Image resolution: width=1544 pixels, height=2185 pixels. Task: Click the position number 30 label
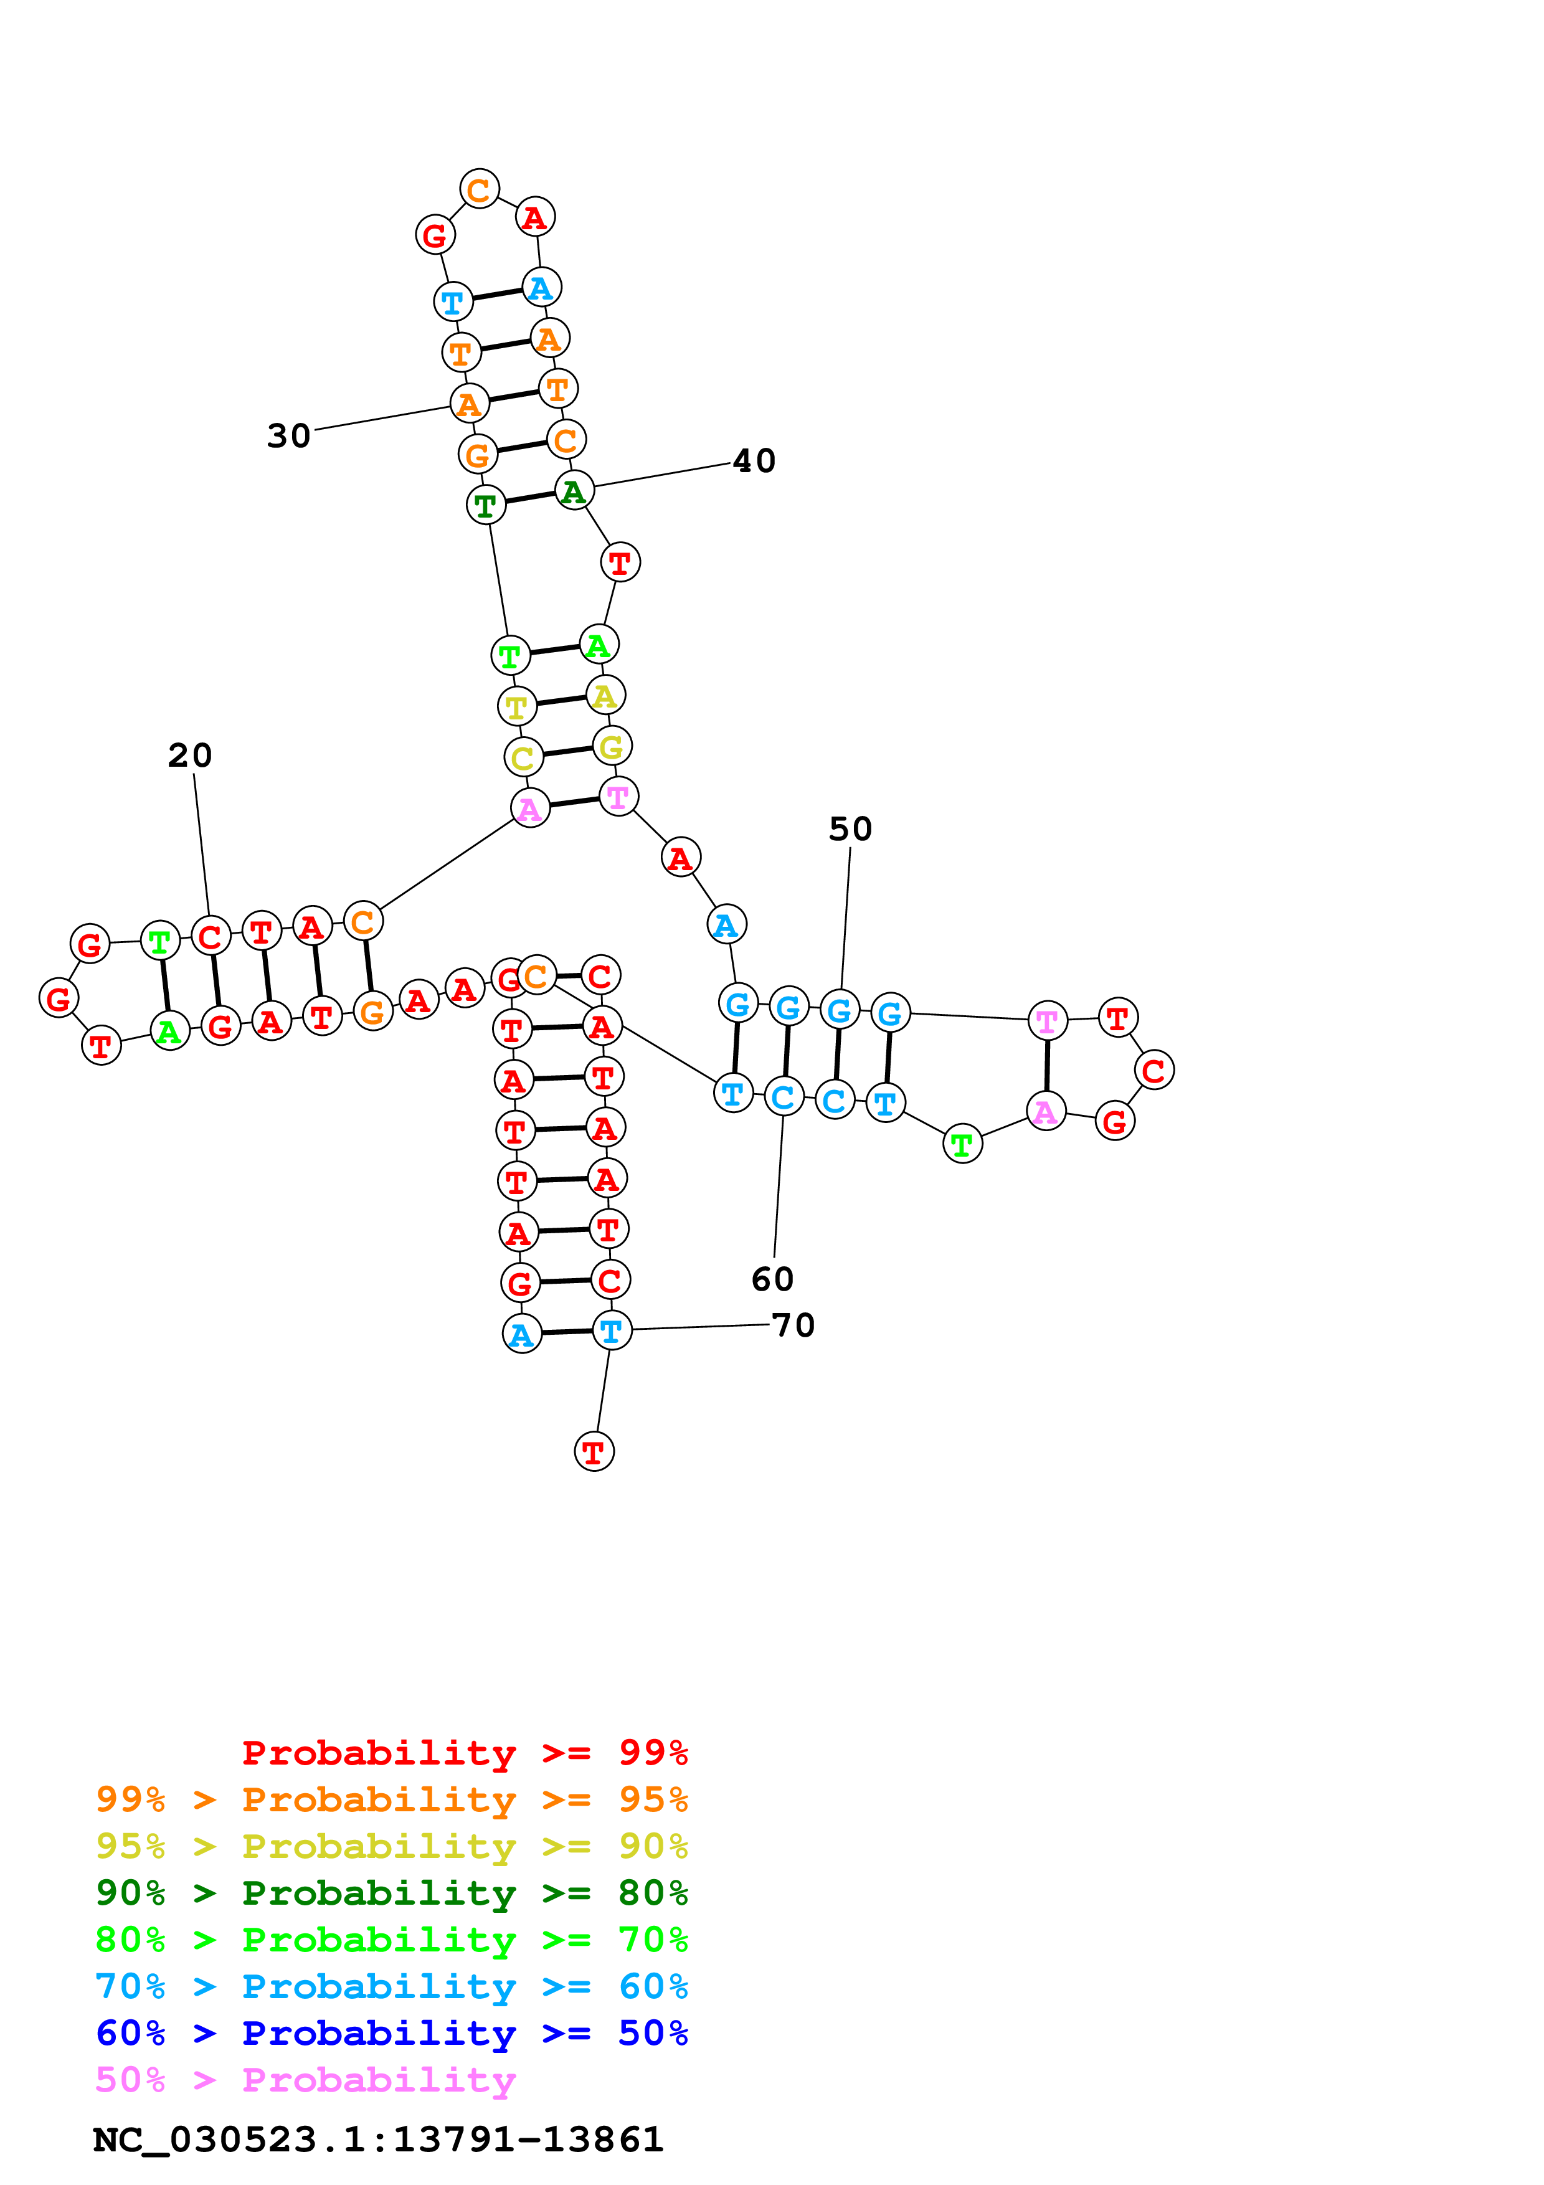(288, 436)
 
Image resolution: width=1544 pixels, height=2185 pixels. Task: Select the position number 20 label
(189, 756)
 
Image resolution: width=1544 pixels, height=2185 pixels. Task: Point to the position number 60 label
(772, 1279)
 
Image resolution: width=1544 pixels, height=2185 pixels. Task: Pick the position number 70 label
(793, 1325)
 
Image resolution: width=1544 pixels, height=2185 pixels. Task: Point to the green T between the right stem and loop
(962, 1144)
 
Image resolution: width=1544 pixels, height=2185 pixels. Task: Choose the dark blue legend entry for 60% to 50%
(391, 2033)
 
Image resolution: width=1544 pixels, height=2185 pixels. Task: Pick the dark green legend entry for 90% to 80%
(391, 1893)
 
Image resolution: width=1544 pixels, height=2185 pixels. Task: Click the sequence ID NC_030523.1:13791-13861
(377, 2140)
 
